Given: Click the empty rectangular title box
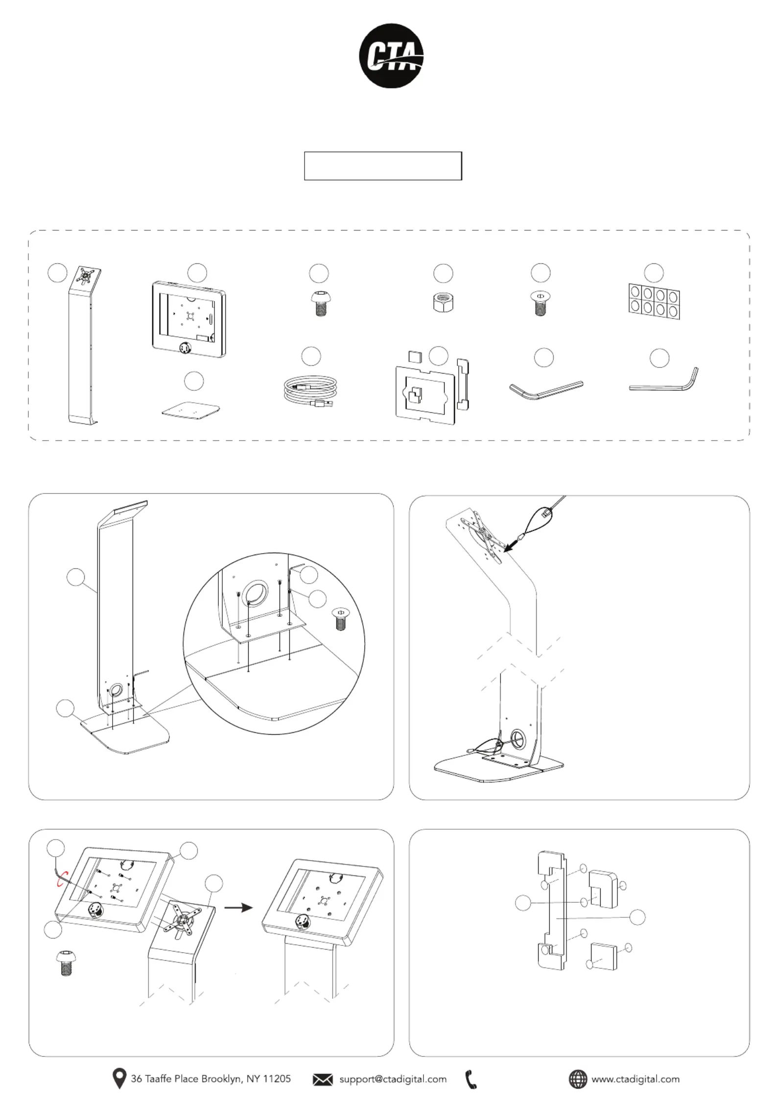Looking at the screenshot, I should [383, 166].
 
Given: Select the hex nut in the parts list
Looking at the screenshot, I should [443, 304].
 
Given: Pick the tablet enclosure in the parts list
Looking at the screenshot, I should [188, 319].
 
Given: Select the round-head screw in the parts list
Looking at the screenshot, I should [320, 304].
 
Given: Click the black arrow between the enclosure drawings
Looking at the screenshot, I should [238, 907].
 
